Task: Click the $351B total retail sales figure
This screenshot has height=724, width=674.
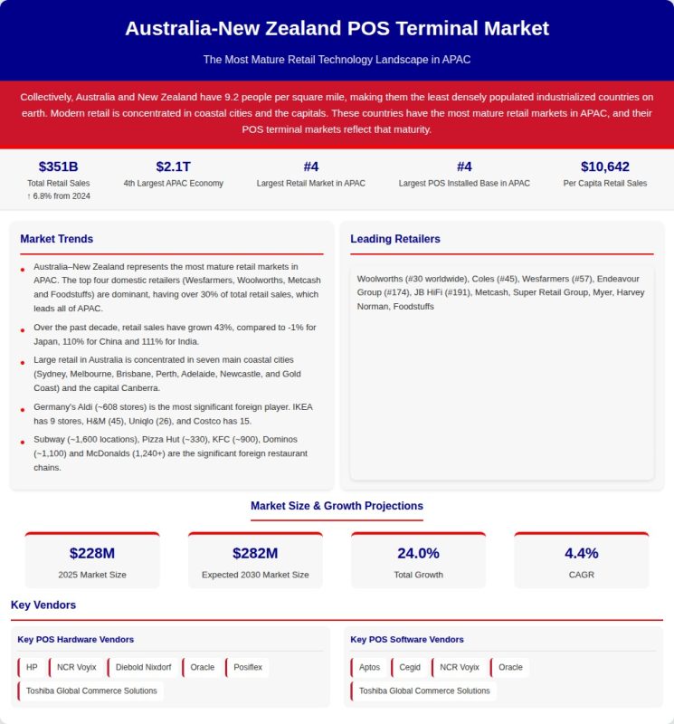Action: pyautogui.click(x=58, y=167)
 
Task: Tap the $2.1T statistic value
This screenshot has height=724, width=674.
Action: pyautogui.click(x=173, y=167)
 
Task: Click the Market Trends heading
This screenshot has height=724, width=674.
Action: pyautogui.click(x=56, y=239)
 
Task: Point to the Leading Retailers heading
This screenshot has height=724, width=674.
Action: pyautogui.click(x=395, y=239)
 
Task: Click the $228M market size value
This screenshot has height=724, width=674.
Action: pyautogui.click(x=92, y=553)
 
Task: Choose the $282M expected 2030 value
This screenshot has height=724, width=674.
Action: pyautogui.click(x=255, y=553)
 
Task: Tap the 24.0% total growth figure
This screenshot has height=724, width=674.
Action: pyautogui.click(x=418, y=553)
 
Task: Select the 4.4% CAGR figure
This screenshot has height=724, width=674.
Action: pyautogui.click(x=581, y=553)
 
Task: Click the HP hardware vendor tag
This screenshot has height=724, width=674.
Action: pyautogui.click(x=32, y=668)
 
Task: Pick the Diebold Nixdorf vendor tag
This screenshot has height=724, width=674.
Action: pyautogui.click(x=143, y=668)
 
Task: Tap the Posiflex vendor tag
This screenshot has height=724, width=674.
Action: pyautogui.click(x=248, y=668)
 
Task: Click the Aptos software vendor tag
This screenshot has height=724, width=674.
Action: pyautogui.click(x=369, y=668)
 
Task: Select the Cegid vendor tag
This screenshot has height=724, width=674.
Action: pyautogui.click(x=410, y=668)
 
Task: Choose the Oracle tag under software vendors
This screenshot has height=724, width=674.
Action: pyautogui.click(x=510, y=668)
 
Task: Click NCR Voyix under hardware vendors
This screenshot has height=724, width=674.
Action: pyautogui.click(x=76, y=668)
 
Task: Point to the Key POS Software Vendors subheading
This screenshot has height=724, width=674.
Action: pyautogui.click(x=406, y=639)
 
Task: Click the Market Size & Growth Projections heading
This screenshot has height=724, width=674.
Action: pyautogui.click(x=337, y=506)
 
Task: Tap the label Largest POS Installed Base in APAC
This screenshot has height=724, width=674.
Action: pyautogui.click(x=464, y=183)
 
